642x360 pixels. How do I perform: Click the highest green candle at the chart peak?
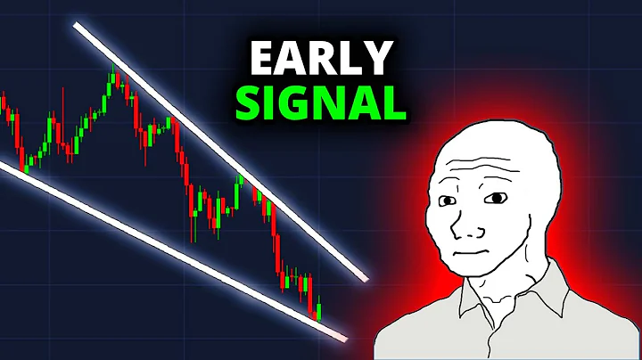click(x=114, y=79)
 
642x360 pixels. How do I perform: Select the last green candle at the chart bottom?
click(x=319, y=310)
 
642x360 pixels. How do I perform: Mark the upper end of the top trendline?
click(x=77, y=26)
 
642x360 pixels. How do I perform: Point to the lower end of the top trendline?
click(x=365, y=277)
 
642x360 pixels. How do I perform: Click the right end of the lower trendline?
click(x=344, y=336)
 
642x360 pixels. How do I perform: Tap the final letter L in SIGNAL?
click(x=393, y=102)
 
